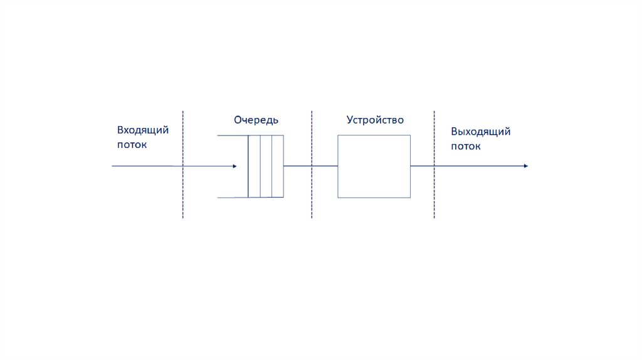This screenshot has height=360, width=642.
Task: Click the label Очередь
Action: [x=256, y=120]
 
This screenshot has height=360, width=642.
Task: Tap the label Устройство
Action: [x=375, y=120]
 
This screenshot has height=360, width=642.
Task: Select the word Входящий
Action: [x=143, y=130]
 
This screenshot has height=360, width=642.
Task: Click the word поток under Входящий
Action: [x=132, y=144]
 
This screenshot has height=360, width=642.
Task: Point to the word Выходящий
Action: [x=481, y=132]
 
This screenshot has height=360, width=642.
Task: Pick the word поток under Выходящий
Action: [x=466, y=146]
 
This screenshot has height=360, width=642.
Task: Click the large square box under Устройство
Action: [x=374, y=166]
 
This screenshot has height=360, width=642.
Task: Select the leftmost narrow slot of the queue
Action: [x=254, y=166]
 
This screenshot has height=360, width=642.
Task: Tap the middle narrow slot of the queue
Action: [x=266, y=166]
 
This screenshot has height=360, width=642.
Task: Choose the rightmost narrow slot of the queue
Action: [x=277, y=166]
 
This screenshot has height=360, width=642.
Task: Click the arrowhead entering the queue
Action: [x=234, y=166]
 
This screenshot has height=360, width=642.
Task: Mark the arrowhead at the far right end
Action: [x=525, y=166]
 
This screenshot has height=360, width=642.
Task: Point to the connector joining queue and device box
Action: [x=310, y=166]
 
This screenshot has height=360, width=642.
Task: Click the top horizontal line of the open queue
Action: [x=233, y=135]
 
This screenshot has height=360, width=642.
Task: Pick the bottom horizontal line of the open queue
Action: [x=233, y=198]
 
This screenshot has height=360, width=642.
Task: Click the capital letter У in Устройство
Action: [x=350, y=120]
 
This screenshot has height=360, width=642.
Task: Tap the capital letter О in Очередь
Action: [x=238, y=120]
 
